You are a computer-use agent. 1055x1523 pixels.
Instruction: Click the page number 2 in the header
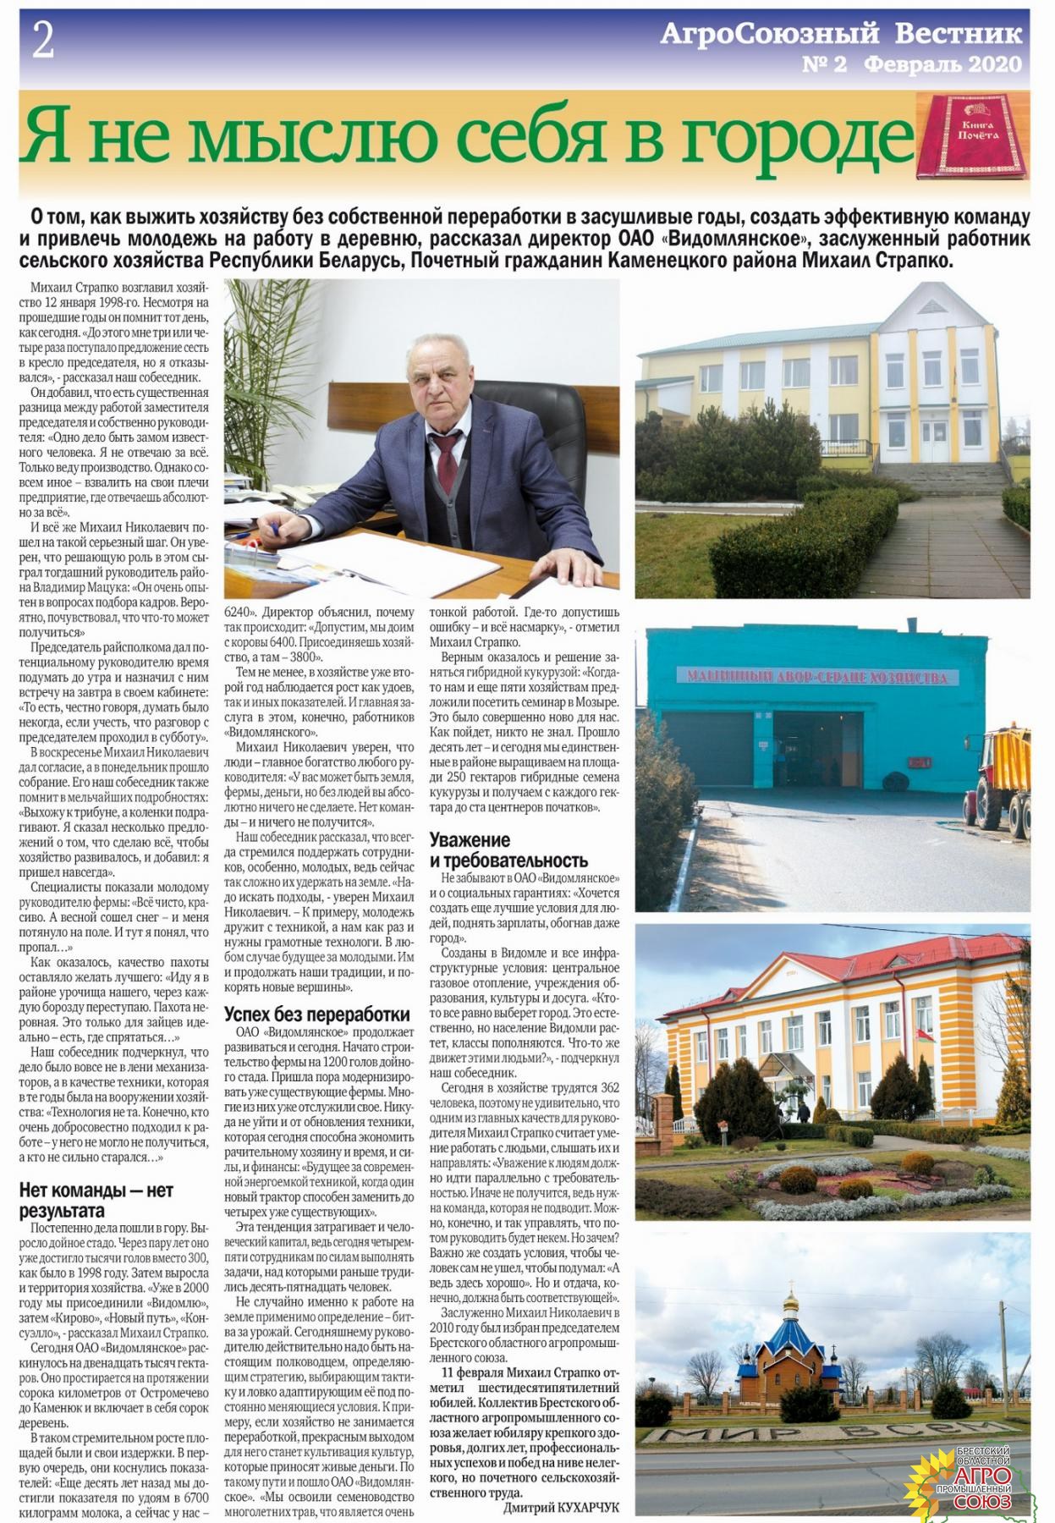(43, 41)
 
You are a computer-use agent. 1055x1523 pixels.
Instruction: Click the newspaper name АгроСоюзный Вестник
(840, 34)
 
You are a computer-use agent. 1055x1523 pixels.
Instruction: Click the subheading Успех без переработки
(316, 1014)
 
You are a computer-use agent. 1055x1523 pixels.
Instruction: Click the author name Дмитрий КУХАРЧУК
(561, 1507)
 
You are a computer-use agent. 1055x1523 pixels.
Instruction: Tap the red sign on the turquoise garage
(816, 675)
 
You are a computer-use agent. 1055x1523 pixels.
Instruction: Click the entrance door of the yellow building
(937, 440)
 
